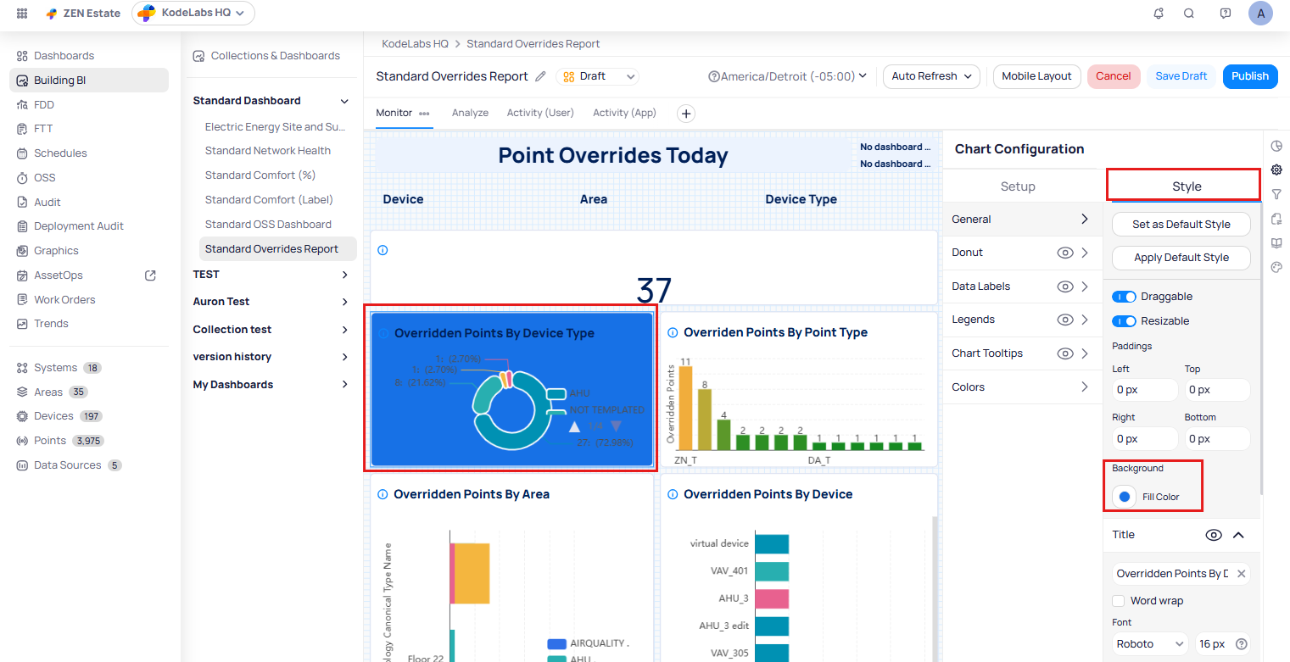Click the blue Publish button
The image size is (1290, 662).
1249,76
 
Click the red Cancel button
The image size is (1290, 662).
1113,76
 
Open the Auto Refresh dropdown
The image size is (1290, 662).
931,76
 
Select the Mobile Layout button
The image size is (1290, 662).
1036,76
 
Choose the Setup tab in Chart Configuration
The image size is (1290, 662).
1018,186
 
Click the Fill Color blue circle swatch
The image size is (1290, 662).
1125,497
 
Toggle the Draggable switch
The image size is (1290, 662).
1125,297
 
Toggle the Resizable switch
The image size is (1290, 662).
1125,321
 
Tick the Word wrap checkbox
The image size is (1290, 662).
1120,601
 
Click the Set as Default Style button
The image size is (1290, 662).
1181,225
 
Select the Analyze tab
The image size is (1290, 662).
470,113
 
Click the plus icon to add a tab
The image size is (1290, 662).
686,114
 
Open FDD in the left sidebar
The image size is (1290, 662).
44,105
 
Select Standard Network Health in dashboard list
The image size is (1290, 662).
268,151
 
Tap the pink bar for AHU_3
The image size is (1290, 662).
772,598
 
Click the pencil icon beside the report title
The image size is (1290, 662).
541,76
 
